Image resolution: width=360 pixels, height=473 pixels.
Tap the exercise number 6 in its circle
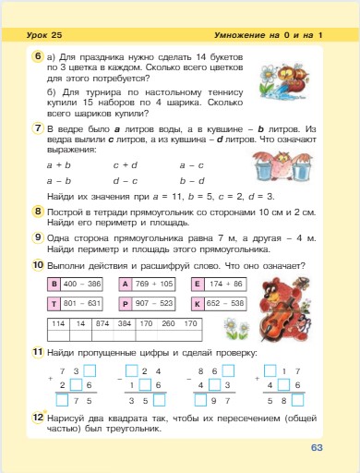[x=36, y=56]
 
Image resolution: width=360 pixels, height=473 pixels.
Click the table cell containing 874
[x=102, y=324]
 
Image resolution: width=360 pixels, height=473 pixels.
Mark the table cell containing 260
[x=168, y=324]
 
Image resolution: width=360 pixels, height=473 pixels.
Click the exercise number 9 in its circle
[x=36, y=237]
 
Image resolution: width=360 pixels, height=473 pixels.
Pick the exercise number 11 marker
[x=36, y=353]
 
